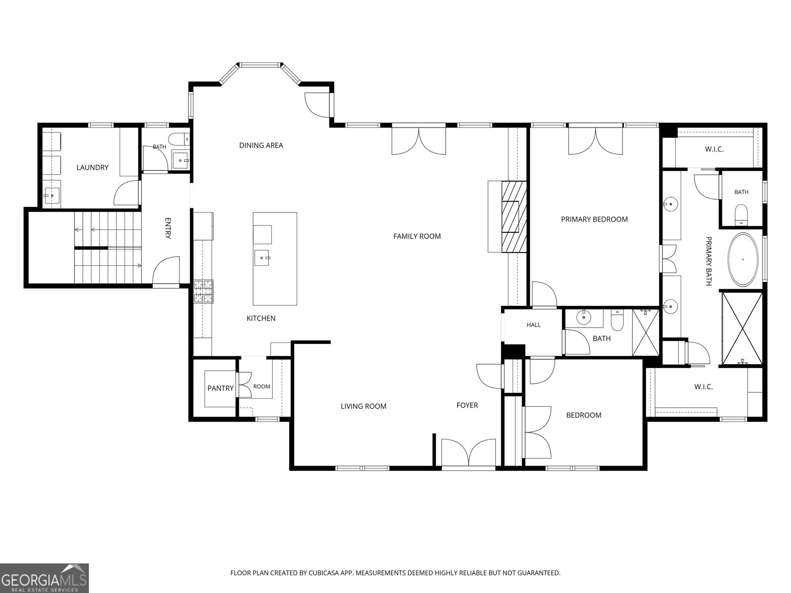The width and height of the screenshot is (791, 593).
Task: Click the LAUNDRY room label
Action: coord(92,168)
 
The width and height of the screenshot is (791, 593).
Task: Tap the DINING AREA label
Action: coord(261,145)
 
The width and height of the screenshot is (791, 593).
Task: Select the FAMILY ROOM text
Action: coord(417,236)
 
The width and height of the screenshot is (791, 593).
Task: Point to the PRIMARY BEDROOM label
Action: coord(594,219)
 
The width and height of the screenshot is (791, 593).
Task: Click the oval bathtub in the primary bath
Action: coord(743,259)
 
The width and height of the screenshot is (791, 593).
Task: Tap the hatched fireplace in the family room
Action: coord(514,217)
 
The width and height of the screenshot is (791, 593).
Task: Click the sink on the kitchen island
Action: coord(262,258)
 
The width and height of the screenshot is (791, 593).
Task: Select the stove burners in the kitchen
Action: coord(204,291)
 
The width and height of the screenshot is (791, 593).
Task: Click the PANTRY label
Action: coord(220,388)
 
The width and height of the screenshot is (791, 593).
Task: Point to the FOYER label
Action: coord(467,405)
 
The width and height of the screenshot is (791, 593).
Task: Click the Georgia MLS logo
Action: coord(44,578)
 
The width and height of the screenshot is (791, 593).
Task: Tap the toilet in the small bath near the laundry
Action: coord(179,138)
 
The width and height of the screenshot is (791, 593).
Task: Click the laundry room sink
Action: coord(52,196)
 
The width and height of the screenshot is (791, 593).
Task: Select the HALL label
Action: coord(534,325)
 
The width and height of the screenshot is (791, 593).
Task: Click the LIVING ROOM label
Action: coord(363,406)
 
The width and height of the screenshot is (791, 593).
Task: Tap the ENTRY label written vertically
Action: coord(168,228)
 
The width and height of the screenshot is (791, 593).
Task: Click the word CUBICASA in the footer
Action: coord(324,573)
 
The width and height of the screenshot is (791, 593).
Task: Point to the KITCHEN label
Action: coord(261,318)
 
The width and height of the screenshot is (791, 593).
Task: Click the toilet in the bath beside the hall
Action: coord(617,320)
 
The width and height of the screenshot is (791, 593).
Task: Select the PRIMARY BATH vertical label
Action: coord(708,261)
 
